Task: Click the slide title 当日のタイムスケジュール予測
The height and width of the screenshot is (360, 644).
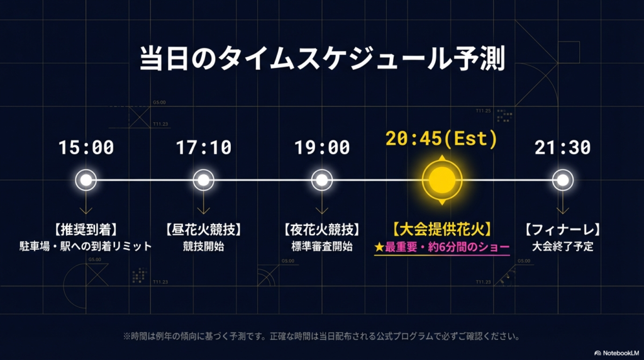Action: point(321,59)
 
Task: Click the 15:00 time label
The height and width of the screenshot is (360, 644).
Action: point(86,147)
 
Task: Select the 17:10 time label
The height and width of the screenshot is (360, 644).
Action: point(203,147)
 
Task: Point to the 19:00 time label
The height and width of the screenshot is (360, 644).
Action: point(322,147)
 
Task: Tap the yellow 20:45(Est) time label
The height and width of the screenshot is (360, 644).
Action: point(441,138)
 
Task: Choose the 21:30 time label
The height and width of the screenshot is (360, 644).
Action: point(563,147)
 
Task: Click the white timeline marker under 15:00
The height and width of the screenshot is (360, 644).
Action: point(86,181)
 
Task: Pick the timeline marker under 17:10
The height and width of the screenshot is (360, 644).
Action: point(203,181)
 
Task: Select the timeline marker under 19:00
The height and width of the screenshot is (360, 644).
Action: point(322,181)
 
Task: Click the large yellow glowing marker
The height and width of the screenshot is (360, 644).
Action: point(442,180)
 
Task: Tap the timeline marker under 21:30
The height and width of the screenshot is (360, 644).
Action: point(563,181)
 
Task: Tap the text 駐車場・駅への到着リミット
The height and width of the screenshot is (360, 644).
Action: point(86,246)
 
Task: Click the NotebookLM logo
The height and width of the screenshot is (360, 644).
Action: point(616,352)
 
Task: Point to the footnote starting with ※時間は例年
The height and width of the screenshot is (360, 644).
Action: point(321,336)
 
